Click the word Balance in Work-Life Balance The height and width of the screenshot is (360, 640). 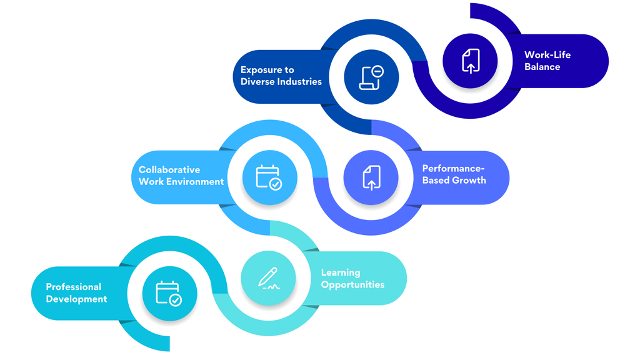(x=542, y=67)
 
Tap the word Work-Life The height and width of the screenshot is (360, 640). (x=547, y=55)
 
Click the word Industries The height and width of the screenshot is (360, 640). (x=299, y=82)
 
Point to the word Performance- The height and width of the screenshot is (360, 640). (x=453, y=169)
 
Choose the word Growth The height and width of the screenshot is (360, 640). (x=471, y=181)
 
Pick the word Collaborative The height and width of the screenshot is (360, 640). (x=169, y=170)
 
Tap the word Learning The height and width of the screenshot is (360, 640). (x=341, y=273)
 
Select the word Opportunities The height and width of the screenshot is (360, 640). (x=352, y=285)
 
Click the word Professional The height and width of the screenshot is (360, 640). (x=74, y=287)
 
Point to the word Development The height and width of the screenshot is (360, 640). (x=76, y=299)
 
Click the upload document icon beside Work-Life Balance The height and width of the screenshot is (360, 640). (x=471, y=61)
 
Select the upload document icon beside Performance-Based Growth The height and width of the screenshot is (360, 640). (x=371, y=177)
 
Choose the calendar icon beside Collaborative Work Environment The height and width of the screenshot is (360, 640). (x=269, y=177)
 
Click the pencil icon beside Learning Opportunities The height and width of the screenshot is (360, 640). (x=269, y=278)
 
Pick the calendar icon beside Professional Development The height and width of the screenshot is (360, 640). (x=169, y=294)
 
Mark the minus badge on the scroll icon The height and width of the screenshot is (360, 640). (x=377, y=71)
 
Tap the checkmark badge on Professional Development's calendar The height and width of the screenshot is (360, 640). (x=176, y=301)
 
